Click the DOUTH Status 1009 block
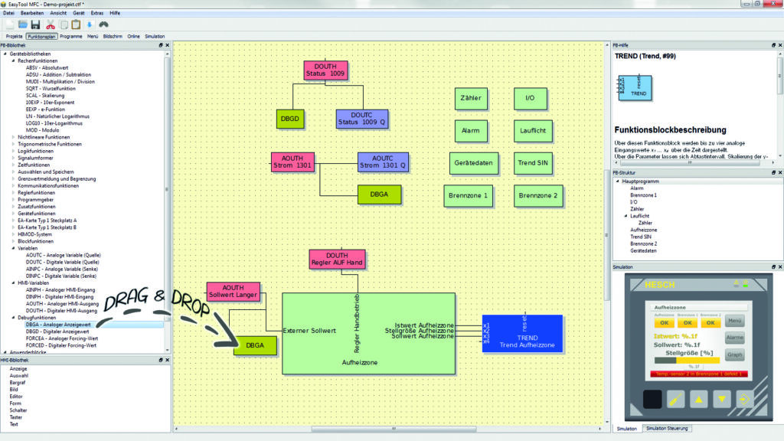click(325, 70)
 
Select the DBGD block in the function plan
click(290, 119)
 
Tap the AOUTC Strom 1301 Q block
click(383, 162)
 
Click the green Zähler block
click(471, 99)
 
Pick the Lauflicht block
click(530, 131)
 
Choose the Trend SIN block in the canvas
click(530, 163)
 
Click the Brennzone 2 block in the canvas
click(538, 195)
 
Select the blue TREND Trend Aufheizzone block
click(521, 333)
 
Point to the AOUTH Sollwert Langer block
click(233, 292)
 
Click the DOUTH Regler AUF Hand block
click(337, 259)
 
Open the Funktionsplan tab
click(41, 36)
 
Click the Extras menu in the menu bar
click(97, 14)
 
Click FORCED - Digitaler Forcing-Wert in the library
click(60, 345)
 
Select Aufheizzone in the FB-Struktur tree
click(643, 230)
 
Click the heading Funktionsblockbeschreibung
click(670, 129)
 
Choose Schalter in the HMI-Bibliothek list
click(18, 410)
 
